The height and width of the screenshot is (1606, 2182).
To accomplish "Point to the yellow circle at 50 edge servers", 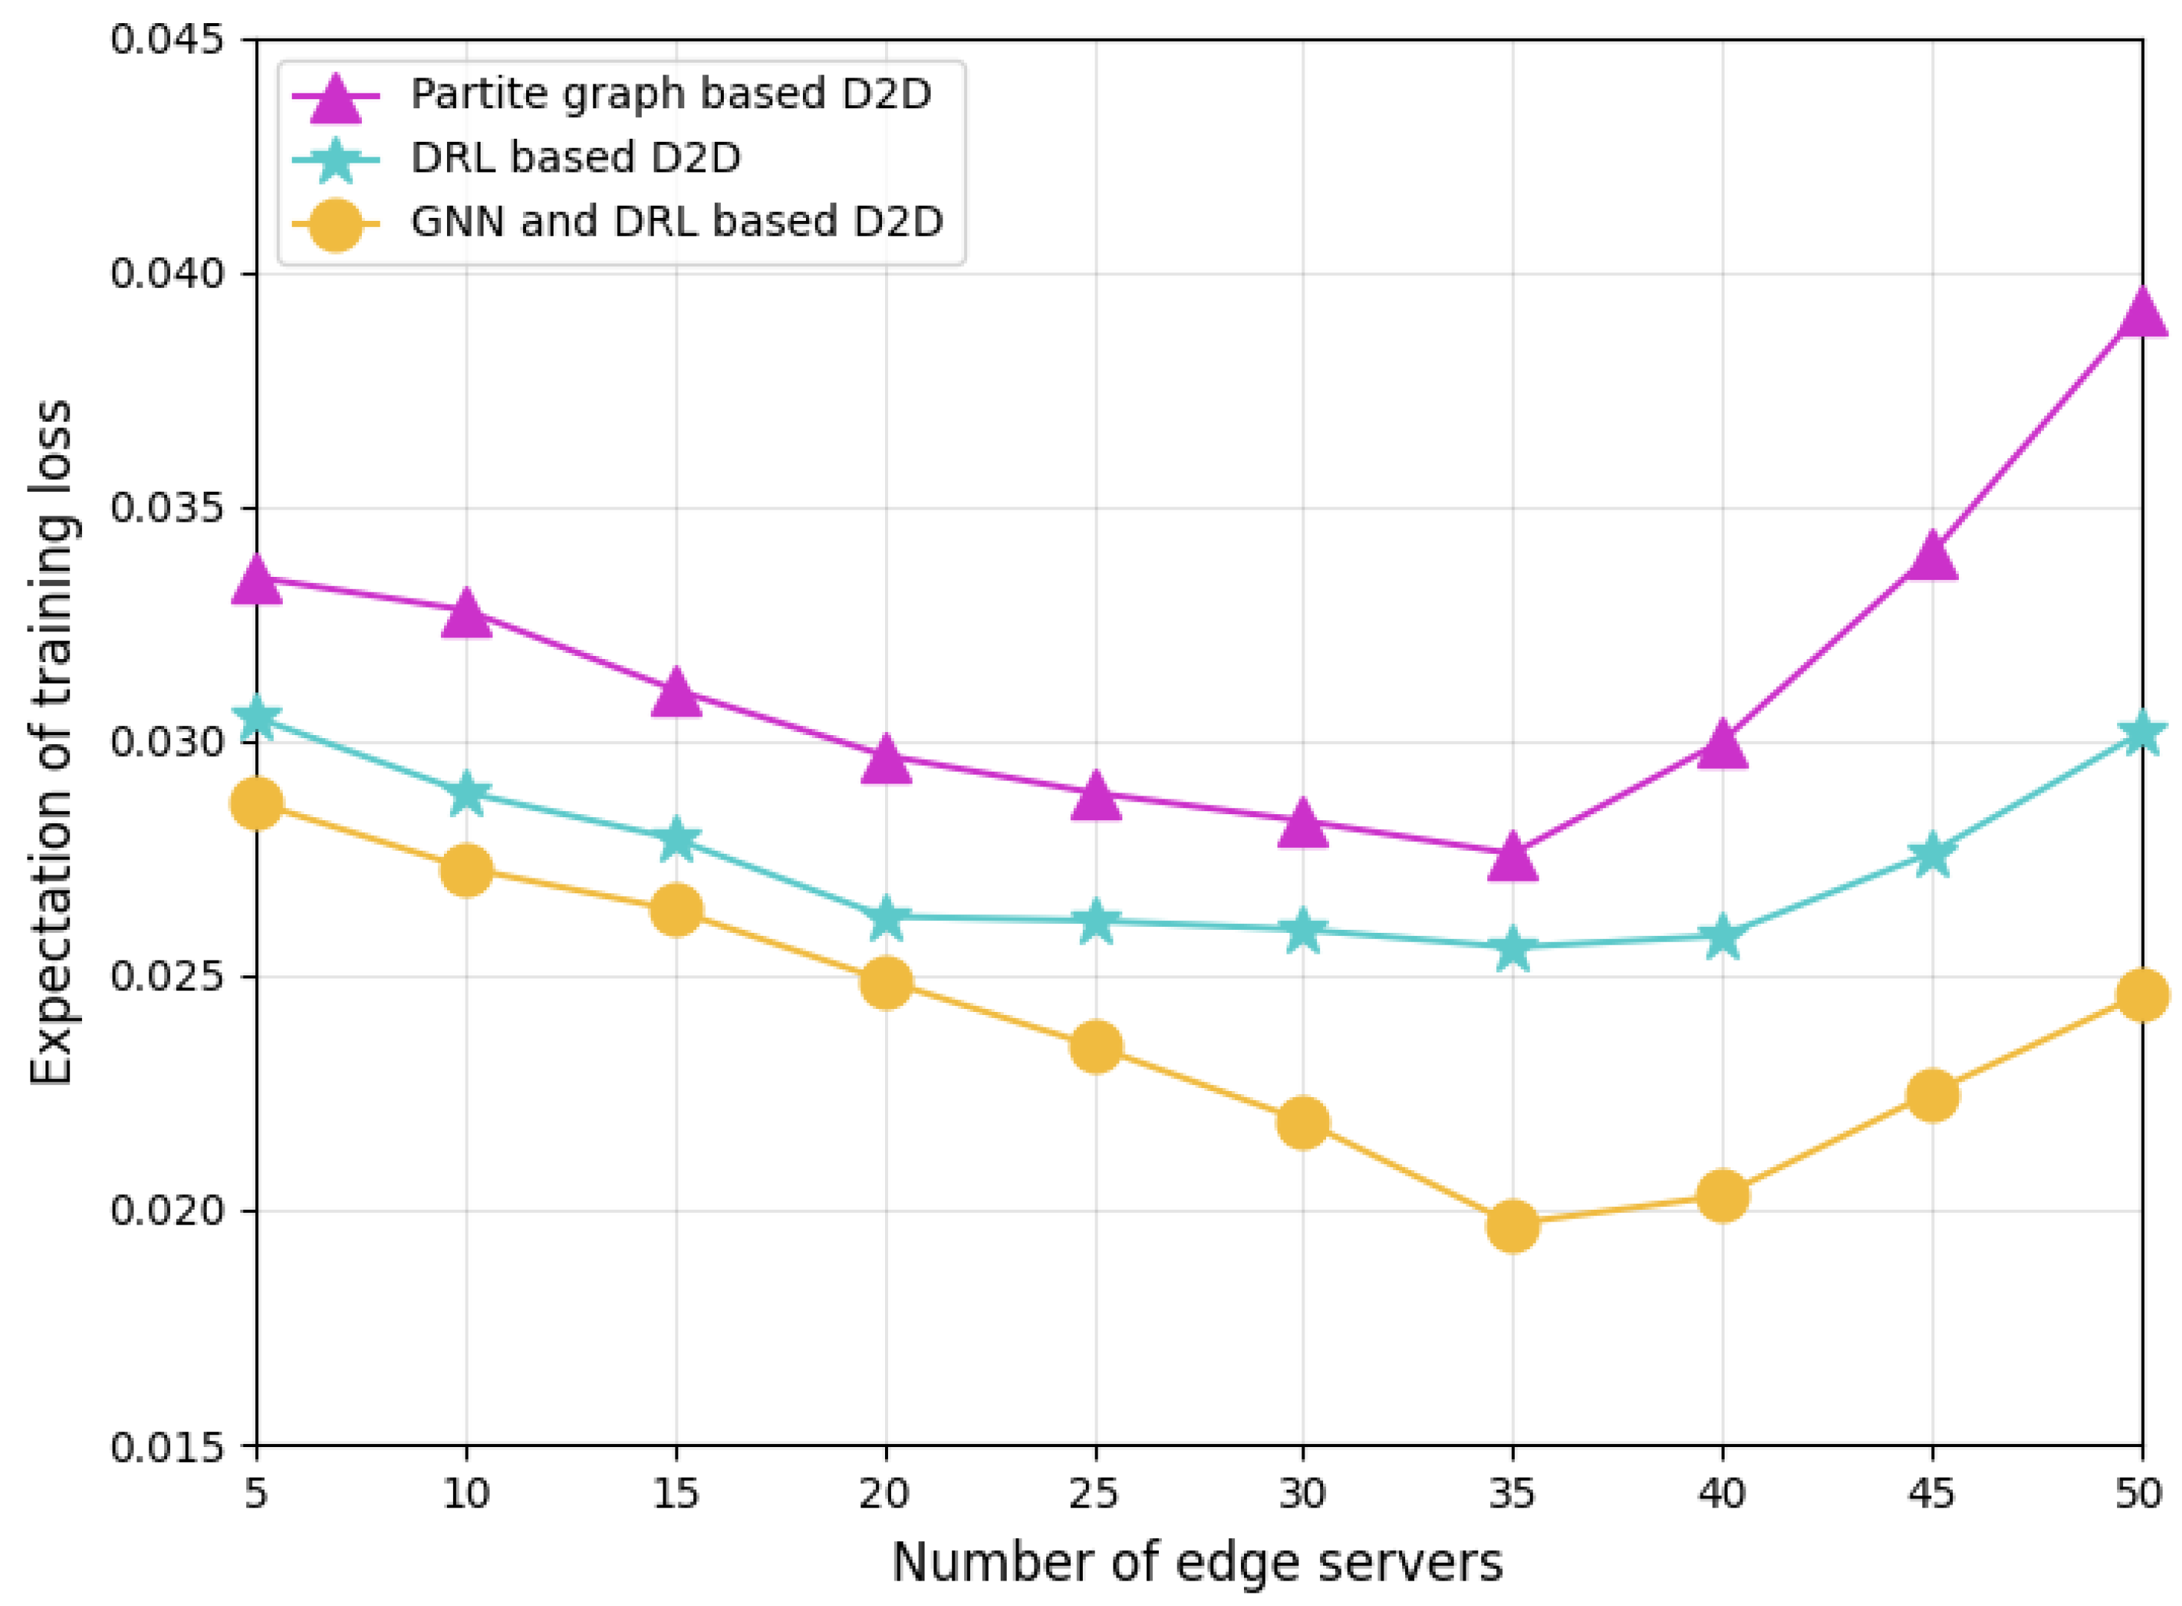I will [2141, 995].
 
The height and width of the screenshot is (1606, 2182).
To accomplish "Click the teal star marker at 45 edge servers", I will [1931, 854].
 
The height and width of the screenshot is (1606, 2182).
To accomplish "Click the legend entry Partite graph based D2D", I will [671, 94].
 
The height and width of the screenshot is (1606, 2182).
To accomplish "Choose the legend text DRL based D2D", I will [575, 157].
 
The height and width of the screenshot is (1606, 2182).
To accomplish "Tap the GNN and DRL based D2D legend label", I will [677, 222].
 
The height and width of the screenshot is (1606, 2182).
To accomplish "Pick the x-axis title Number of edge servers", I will [1198, 1562].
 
